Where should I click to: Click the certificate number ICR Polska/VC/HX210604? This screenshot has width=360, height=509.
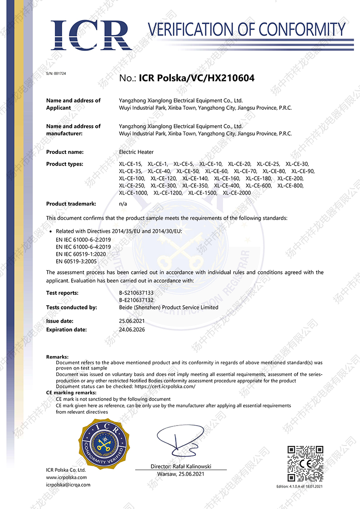tap(197, 78)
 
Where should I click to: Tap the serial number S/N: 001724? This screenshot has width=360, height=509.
tap(56, 73)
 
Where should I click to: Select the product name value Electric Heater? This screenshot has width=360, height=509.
tap(136, 152)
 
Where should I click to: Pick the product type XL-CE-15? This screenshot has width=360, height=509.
tap(131, 164)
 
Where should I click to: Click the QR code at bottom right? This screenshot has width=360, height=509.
tap(306, 464)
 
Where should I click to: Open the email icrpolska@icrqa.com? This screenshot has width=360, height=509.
tap(68, 485)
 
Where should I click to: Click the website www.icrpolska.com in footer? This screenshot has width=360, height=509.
tap(66, 477)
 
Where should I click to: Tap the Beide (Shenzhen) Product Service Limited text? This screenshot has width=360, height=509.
tap(168, 307)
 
